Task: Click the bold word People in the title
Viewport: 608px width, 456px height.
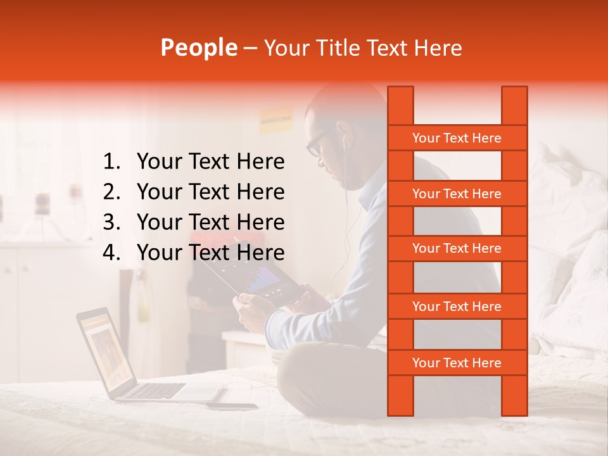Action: point(198,47)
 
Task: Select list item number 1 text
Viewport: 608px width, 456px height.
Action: point(210,162)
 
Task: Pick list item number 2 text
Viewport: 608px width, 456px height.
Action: point(210,192)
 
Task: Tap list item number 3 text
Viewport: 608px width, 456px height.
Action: point(210,222)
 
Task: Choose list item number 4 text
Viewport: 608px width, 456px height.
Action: point(210,253)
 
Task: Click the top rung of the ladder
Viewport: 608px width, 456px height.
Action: point(457,138)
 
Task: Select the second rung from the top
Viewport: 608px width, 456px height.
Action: point(457,194)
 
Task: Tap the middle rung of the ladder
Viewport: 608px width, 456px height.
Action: point(457,249)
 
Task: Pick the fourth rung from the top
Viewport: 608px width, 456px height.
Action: point(457,307)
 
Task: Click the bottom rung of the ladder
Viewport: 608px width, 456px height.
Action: point(457,363)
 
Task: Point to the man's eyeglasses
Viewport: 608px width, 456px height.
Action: point(315,144)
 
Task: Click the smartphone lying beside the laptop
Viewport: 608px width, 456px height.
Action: point(232,406)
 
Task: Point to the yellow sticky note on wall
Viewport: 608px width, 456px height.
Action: point(275,118)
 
